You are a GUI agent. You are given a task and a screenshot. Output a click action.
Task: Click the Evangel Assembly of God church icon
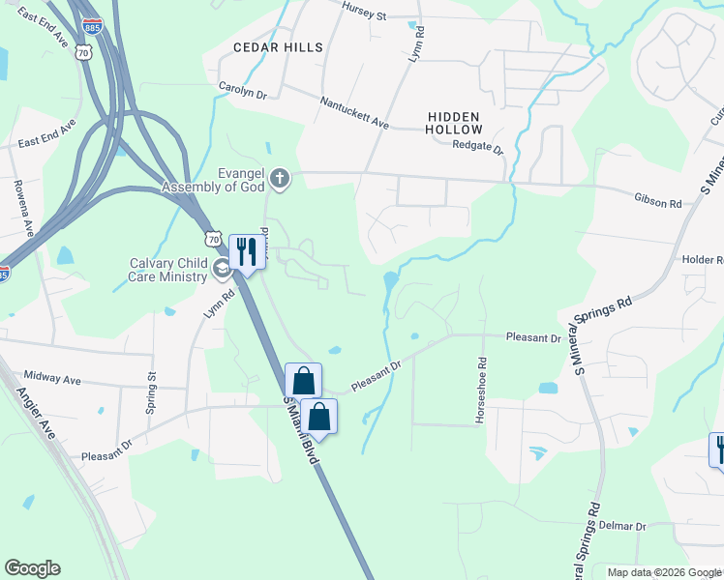point(280,177)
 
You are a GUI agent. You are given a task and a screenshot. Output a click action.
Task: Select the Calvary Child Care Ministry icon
point(222,270)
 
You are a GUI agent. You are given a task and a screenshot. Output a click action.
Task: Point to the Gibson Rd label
point(659,204)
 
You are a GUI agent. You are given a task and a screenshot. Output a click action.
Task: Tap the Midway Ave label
point(52,380)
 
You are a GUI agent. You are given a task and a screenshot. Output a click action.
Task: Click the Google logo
point(32,568)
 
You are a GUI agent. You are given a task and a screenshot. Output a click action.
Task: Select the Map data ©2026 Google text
point(663,572)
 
